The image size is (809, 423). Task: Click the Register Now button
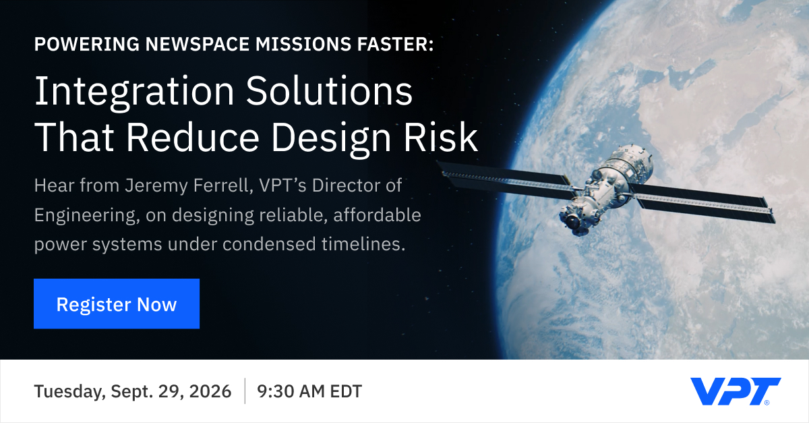point(117,304)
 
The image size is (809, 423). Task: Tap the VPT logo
point(736,391)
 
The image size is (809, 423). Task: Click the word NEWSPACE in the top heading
point(197,44)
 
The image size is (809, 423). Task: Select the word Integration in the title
point(134,91)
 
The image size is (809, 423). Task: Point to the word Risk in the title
point(441,138)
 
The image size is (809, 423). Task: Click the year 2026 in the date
point(210,391)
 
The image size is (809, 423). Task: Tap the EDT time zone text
point(346,391)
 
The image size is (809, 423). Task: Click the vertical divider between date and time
point(245,391)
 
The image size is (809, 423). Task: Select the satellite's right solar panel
point(702,203)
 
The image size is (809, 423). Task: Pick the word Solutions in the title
point(329,91)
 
